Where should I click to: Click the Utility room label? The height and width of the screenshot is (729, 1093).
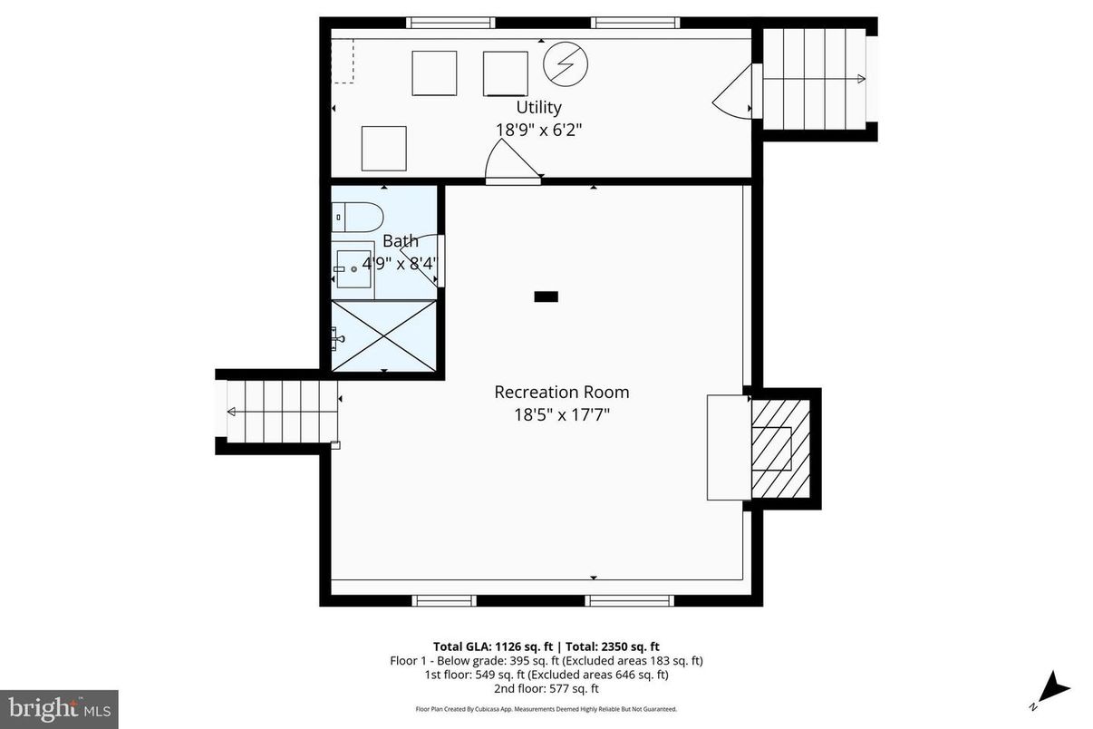(x=538, y=107)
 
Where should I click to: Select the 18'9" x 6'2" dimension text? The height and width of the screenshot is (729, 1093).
(x=538, y=130)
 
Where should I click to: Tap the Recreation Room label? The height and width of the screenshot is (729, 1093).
(x=561, y=392)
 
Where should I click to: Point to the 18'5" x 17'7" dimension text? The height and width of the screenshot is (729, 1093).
(x=561, y=415)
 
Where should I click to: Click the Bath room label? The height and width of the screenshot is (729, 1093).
(x=400, y=241)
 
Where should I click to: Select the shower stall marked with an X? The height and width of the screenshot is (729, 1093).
(x=384, y=335)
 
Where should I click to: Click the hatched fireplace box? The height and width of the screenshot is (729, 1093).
(x=781, y=448)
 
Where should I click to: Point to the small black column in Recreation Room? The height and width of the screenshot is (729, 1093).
(x=546, y=296)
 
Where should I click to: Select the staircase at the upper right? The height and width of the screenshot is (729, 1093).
(x=813, y=79)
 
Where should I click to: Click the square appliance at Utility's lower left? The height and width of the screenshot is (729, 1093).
(x=383, y=149)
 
